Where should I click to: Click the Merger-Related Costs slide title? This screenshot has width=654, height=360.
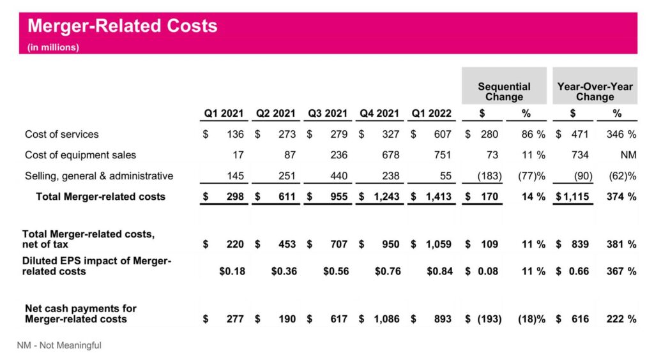(x=123, y=26)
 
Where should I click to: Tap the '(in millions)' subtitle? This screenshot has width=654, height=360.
(x=53, y=47)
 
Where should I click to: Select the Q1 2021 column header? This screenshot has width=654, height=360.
(x=224, y=113)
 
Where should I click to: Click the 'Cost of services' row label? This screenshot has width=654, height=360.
(x=62, y=135)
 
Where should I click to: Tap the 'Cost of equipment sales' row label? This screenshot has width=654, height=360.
(x=80, y=155)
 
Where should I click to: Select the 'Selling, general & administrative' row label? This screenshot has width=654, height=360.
(x=99, y=176)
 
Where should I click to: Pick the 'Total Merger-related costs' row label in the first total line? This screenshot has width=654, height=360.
(x=100, y=197)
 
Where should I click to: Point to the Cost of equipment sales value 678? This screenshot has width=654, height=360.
(x=391, y=155)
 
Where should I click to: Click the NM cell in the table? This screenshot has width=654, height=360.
(x=628, y=155)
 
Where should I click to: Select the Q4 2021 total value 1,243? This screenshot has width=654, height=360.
(x=385, y=197)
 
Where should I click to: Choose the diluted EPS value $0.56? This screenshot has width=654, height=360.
(x=335, y=271)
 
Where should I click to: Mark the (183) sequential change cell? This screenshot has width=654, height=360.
(x=489, y=176)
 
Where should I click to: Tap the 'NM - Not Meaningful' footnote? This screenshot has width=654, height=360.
(x=59, y=345)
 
